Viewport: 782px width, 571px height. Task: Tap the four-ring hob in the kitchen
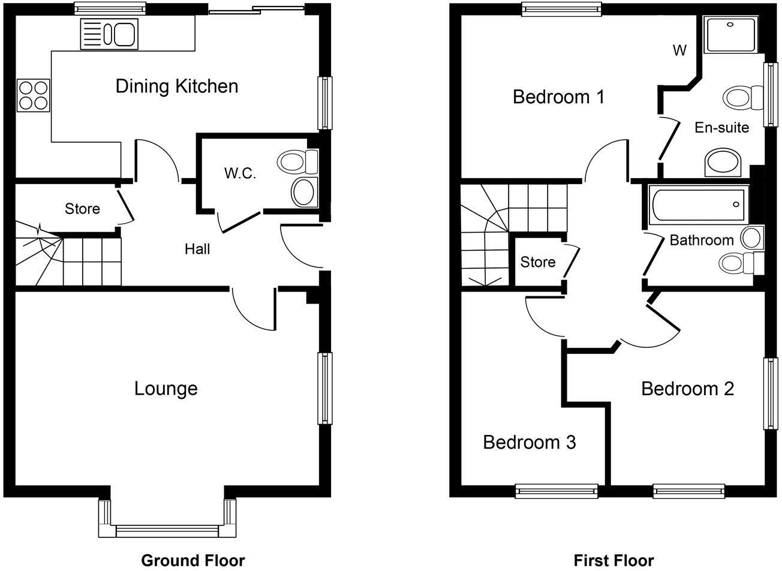(x=34, y=95)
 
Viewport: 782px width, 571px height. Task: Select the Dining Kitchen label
(x=176, y=86)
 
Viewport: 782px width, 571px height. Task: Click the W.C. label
(x=240, y=174)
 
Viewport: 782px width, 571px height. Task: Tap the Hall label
(x=197, y=248)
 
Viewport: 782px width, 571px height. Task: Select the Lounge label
(x=166, y=389)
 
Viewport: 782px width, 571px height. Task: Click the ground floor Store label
(x=82, y=209)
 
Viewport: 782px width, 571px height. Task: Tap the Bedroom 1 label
(x=558, y=97)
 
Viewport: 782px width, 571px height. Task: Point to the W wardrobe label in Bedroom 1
(x=679, y=50)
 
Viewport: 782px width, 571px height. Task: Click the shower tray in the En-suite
(x=730, y=34)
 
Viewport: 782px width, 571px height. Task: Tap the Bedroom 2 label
(x=687, y=389)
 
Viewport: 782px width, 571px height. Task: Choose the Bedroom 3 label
(x=529, y=443)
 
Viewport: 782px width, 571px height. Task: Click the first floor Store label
(x=537, y=262)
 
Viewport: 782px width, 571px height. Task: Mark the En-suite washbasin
(x=723, y=163)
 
